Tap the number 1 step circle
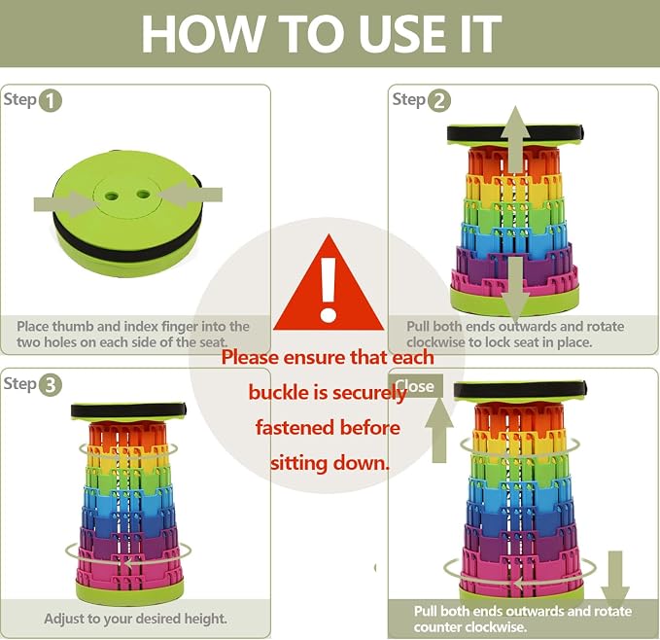51,101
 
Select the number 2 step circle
439,101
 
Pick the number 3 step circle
51,385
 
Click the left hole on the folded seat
112,196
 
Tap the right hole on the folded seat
143,195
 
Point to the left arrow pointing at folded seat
64,204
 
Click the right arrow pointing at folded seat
191,195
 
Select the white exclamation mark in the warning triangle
328,289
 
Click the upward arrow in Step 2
515,140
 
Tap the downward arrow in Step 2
515,291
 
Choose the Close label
415,386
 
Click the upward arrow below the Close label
439,430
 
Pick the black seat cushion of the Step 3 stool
128,410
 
